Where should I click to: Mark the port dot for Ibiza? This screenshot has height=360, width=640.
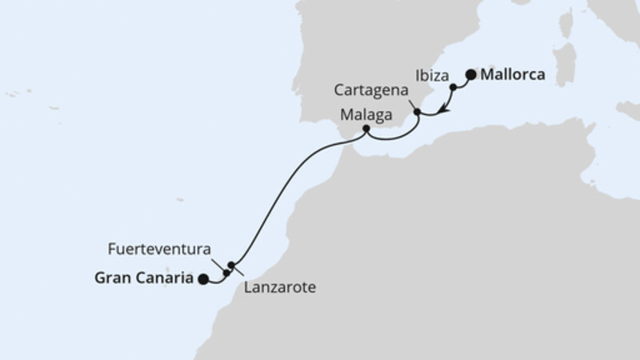tap(453, 86)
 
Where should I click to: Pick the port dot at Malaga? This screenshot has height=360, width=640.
tap(366, 129)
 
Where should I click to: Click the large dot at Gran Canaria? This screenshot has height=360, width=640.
tap(203, 279)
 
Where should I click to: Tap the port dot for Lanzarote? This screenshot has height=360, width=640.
tap(231, 265)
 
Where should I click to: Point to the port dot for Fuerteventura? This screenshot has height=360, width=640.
tap(226, 273)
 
